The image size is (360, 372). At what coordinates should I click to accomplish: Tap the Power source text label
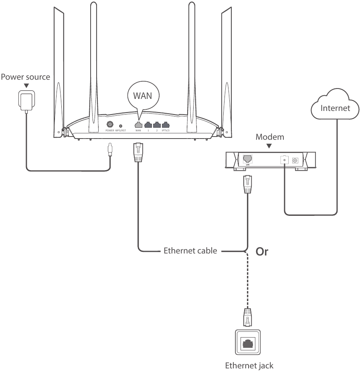tap(26, 77)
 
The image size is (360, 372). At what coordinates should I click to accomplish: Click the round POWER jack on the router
tap(109, 125)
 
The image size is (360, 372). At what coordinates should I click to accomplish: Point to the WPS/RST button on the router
tap(121, 125)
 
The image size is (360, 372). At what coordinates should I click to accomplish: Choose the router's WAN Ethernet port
tap(138, 125)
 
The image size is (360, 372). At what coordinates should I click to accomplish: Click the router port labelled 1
tap(148, 125)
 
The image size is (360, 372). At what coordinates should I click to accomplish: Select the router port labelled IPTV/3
tap(165, 125)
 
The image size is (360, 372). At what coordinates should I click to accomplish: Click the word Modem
tap(270, 137)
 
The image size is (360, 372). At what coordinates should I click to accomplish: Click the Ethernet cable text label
tap(190, 251)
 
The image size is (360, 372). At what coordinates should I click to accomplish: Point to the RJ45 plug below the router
tap(138, 153)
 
